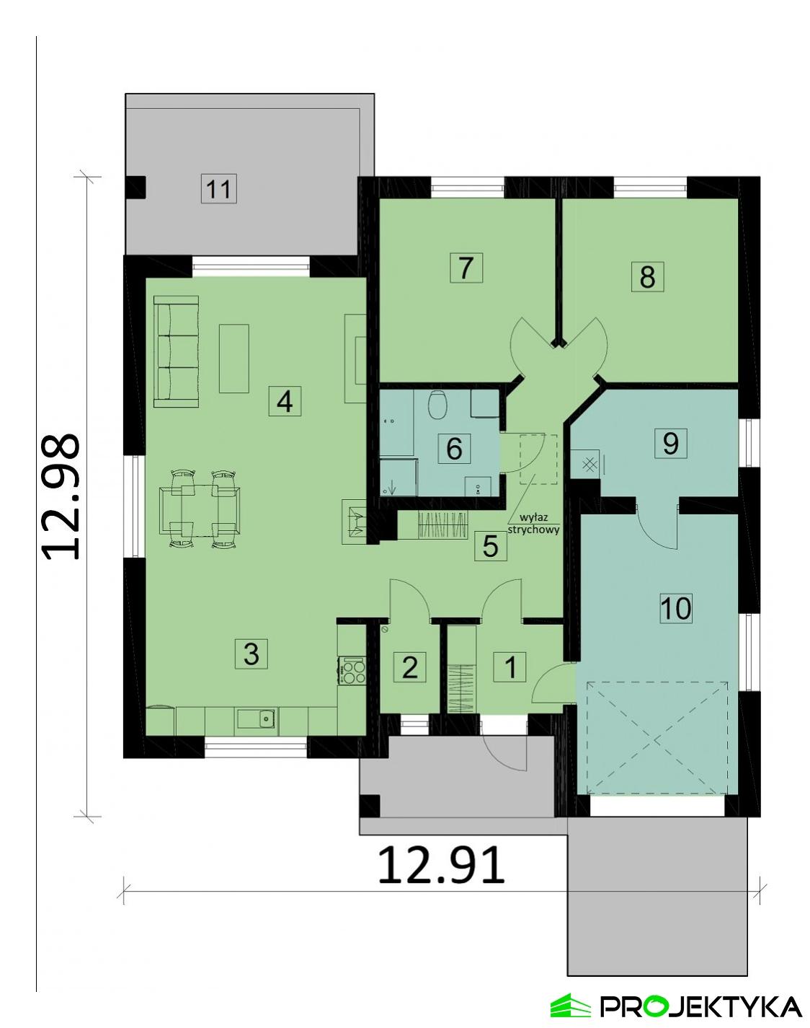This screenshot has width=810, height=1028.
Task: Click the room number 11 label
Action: tap(218, 190)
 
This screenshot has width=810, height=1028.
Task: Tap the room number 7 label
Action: tap(465, 268)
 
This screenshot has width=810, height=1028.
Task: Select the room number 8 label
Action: tap(646, 276)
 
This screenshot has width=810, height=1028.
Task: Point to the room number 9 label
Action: tap(669, 442)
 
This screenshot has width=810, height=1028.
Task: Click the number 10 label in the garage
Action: tap(676, 608)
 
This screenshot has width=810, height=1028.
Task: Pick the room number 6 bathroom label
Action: tap(454, 448)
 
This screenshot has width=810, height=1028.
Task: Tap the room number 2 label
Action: tap(409, 667)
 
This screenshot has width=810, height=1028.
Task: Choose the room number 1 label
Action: tap(510, 667)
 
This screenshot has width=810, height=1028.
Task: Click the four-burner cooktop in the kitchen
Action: tap(352, 671)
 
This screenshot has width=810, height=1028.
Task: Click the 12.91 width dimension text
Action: tap(441, 866)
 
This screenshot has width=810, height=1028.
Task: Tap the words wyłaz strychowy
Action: tap(534, 523)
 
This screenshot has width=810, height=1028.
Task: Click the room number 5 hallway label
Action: tap(490, 546)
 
